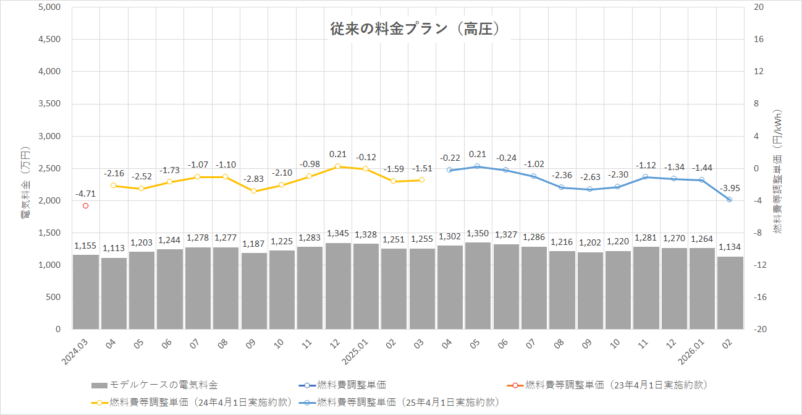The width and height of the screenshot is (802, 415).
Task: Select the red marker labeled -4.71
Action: tap(86, 206)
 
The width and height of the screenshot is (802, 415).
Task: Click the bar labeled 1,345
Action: tap(338, 286)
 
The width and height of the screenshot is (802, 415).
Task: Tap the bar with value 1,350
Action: tap(478, 285)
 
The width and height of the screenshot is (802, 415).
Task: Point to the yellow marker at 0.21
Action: tap(338, 166)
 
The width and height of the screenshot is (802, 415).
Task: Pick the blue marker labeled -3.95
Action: tap(730, 200)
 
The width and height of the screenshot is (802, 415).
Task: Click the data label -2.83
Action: tap(254, 179)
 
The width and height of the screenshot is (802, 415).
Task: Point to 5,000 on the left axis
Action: tap(49, 7)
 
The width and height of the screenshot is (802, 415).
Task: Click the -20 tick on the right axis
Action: tap(759, 329)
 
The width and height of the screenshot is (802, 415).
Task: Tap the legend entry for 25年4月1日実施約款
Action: tap(407, 402)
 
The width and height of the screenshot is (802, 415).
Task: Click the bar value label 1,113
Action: tap(114, 248)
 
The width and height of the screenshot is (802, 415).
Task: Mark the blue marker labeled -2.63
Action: tap(589, 189)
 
